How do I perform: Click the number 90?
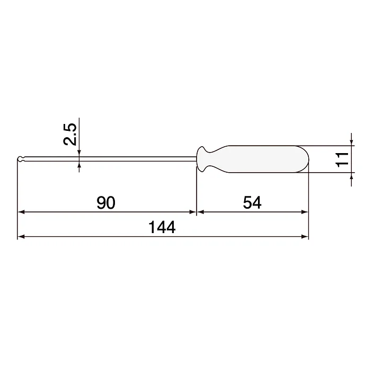[x=106, y=202]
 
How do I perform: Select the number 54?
[x=252, y=202]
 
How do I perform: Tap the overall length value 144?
[x=162, y=228]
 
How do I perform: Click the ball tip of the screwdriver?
[x=20, y=159]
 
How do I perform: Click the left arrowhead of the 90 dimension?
[x=21, y=212]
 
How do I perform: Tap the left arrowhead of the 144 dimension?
[x=21, y=236]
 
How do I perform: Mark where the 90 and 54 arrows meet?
[x=197, y=212]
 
